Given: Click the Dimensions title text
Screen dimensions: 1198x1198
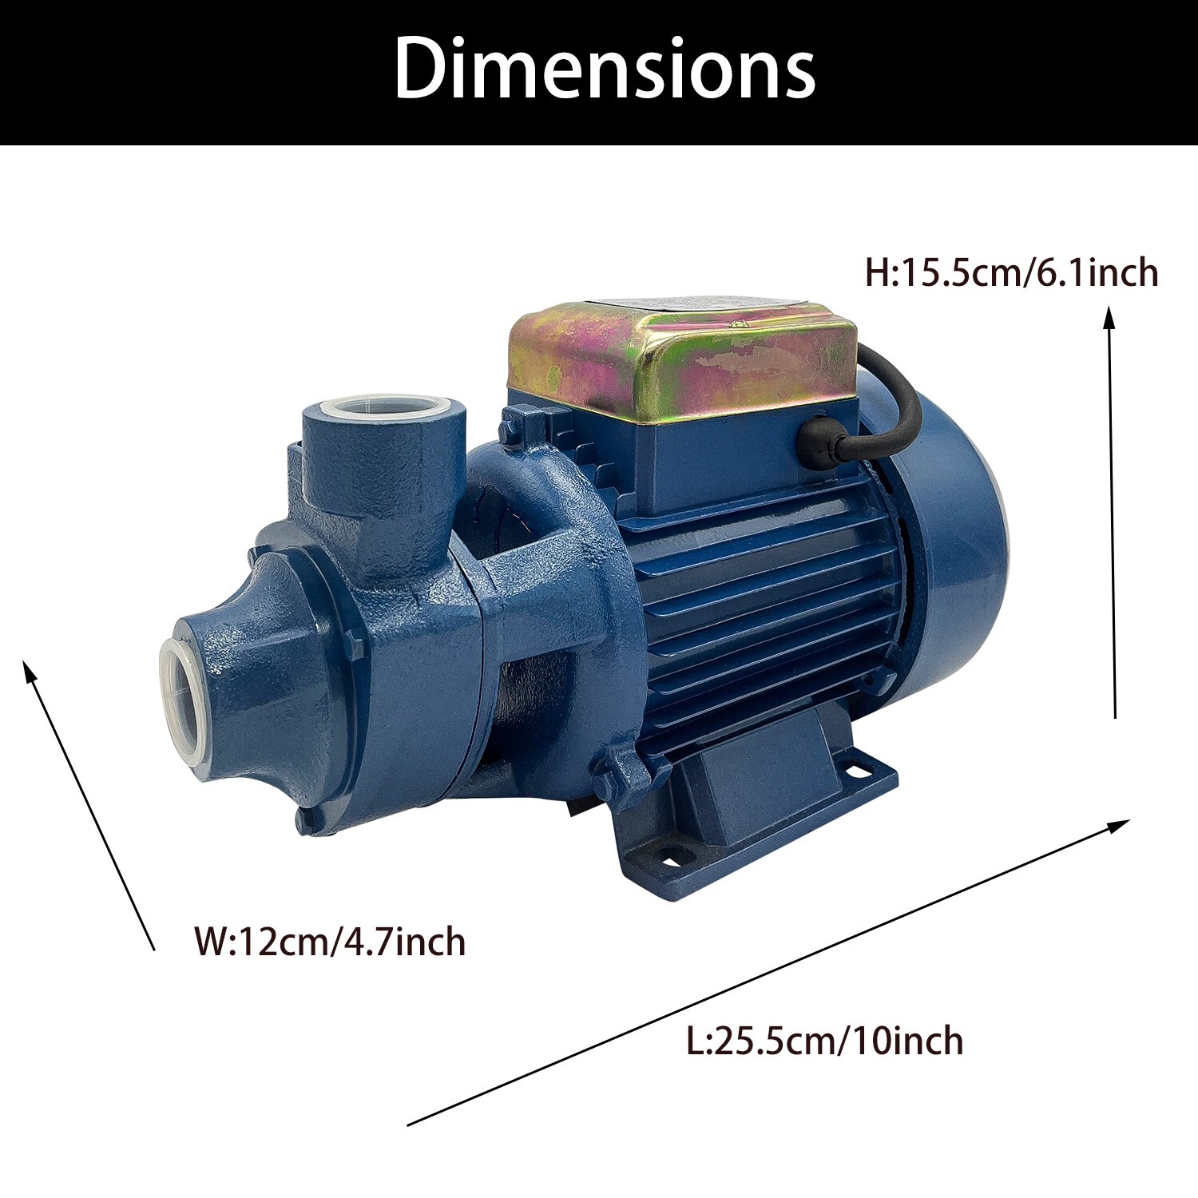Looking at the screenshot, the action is click(x=605, y=69).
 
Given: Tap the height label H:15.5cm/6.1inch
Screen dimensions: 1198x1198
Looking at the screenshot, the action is click(x=1011, y=273).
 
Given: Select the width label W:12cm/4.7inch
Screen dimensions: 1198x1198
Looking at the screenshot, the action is click(x=330, y=942).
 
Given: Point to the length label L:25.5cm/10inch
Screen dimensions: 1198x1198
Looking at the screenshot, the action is click(x=825, y=1041).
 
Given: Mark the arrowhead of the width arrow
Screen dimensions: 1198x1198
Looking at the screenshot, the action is click(x=30, y=672).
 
